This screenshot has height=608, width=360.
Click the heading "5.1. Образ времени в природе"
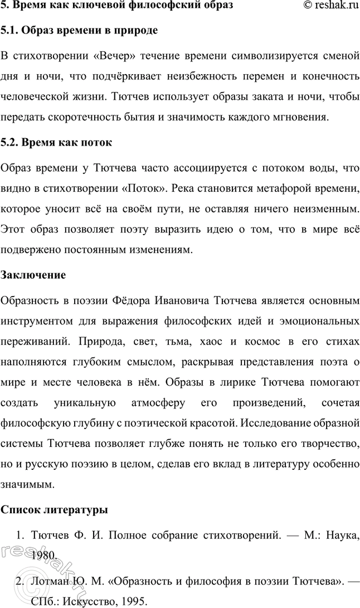pyautogui.click(x=80, y=31)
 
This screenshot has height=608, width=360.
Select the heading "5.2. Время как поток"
pyautogui.click(x=57, y=142)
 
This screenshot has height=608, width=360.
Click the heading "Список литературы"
pyautogui.click(x=55, y=510)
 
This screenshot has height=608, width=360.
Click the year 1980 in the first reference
pyautogui.click(x=45, y=556)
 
